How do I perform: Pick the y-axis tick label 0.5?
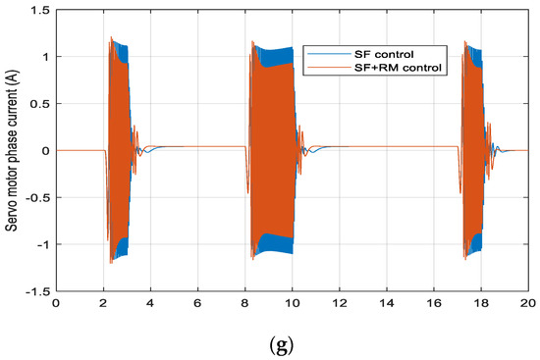[40, 103]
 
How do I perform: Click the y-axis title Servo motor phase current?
[14, 151]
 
